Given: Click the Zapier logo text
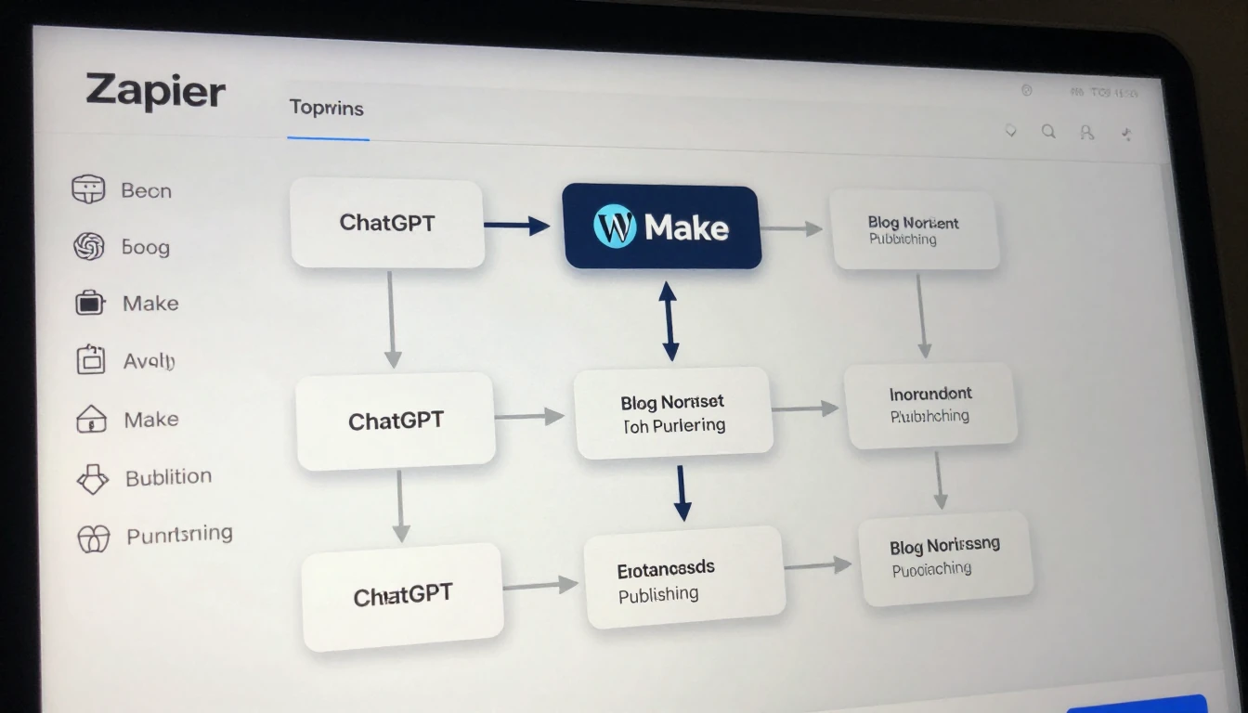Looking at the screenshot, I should pos(156,92).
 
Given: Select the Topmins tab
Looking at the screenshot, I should pos(326,108).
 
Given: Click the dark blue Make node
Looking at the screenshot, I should pos(661,227).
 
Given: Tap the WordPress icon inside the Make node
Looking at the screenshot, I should pos(615,227).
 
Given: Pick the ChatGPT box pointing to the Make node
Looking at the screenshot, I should pos(387,223).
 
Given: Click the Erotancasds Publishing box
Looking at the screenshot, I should pos(683,580).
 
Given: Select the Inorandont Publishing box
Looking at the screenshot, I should pos(930,405).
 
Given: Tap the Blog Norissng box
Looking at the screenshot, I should pos(945,557).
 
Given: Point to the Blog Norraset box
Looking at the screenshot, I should pos(673,413).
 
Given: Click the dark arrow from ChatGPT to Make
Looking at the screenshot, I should pos(517,225).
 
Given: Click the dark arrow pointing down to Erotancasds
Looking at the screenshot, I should pos(682,493).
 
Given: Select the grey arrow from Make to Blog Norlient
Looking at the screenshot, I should pos(792,228).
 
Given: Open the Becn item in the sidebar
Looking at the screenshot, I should pos(146,190).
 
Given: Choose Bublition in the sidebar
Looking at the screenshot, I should pos(168,477).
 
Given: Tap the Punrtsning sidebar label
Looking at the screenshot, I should pos(179,535).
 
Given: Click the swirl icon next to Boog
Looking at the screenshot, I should pos(88,246).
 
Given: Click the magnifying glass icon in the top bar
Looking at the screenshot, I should pos(1048,132).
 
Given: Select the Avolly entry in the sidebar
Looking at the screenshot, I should pos(149,361).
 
